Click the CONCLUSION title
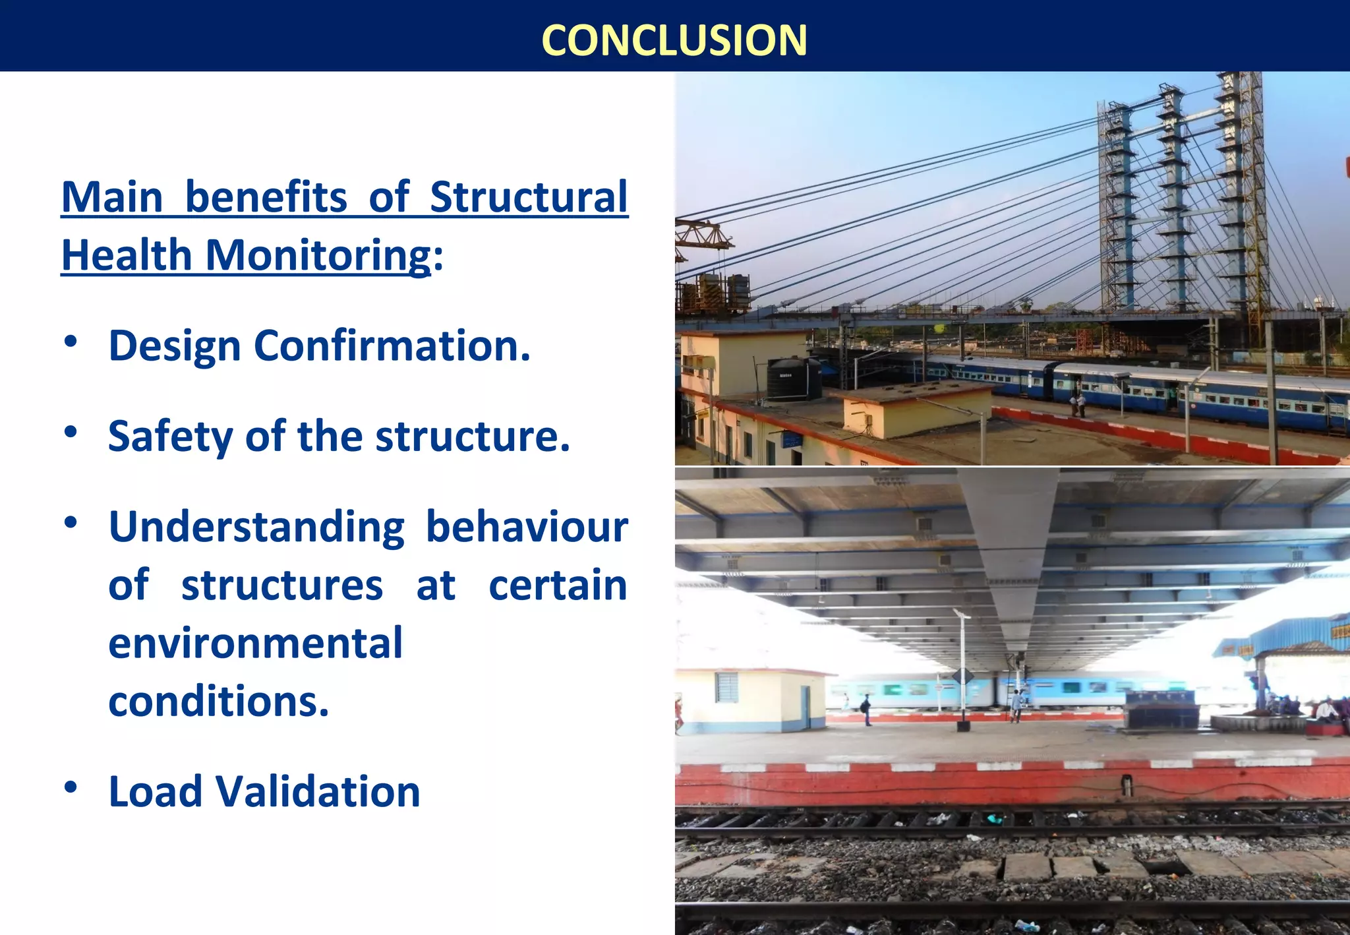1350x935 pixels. (674, 40)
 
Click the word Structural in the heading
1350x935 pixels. (529, 197)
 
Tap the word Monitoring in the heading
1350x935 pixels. (318, 255)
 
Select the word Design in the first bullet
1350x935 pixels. (174, 346)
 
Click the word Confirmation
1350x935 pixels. (392, 346)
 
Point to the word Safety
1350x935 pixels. (170, 437)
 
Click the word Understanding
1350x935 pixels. (256, 528)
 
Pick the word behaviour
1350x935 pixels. (527, 528)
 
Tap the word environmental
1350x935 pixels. (255, 644)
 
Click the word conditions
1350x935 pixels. (218, 701)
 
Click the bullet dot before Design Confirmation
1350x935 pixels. (71, 341)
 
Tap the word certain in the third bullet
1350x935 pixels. (558, 586)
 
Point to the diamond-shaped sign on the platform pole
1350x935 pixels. (962, 677)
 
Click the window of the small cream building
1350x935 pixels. (726, 687)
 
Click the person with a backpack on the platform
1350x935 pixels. (866, 708)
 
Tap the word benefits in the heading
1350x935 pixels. (266, 197)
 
